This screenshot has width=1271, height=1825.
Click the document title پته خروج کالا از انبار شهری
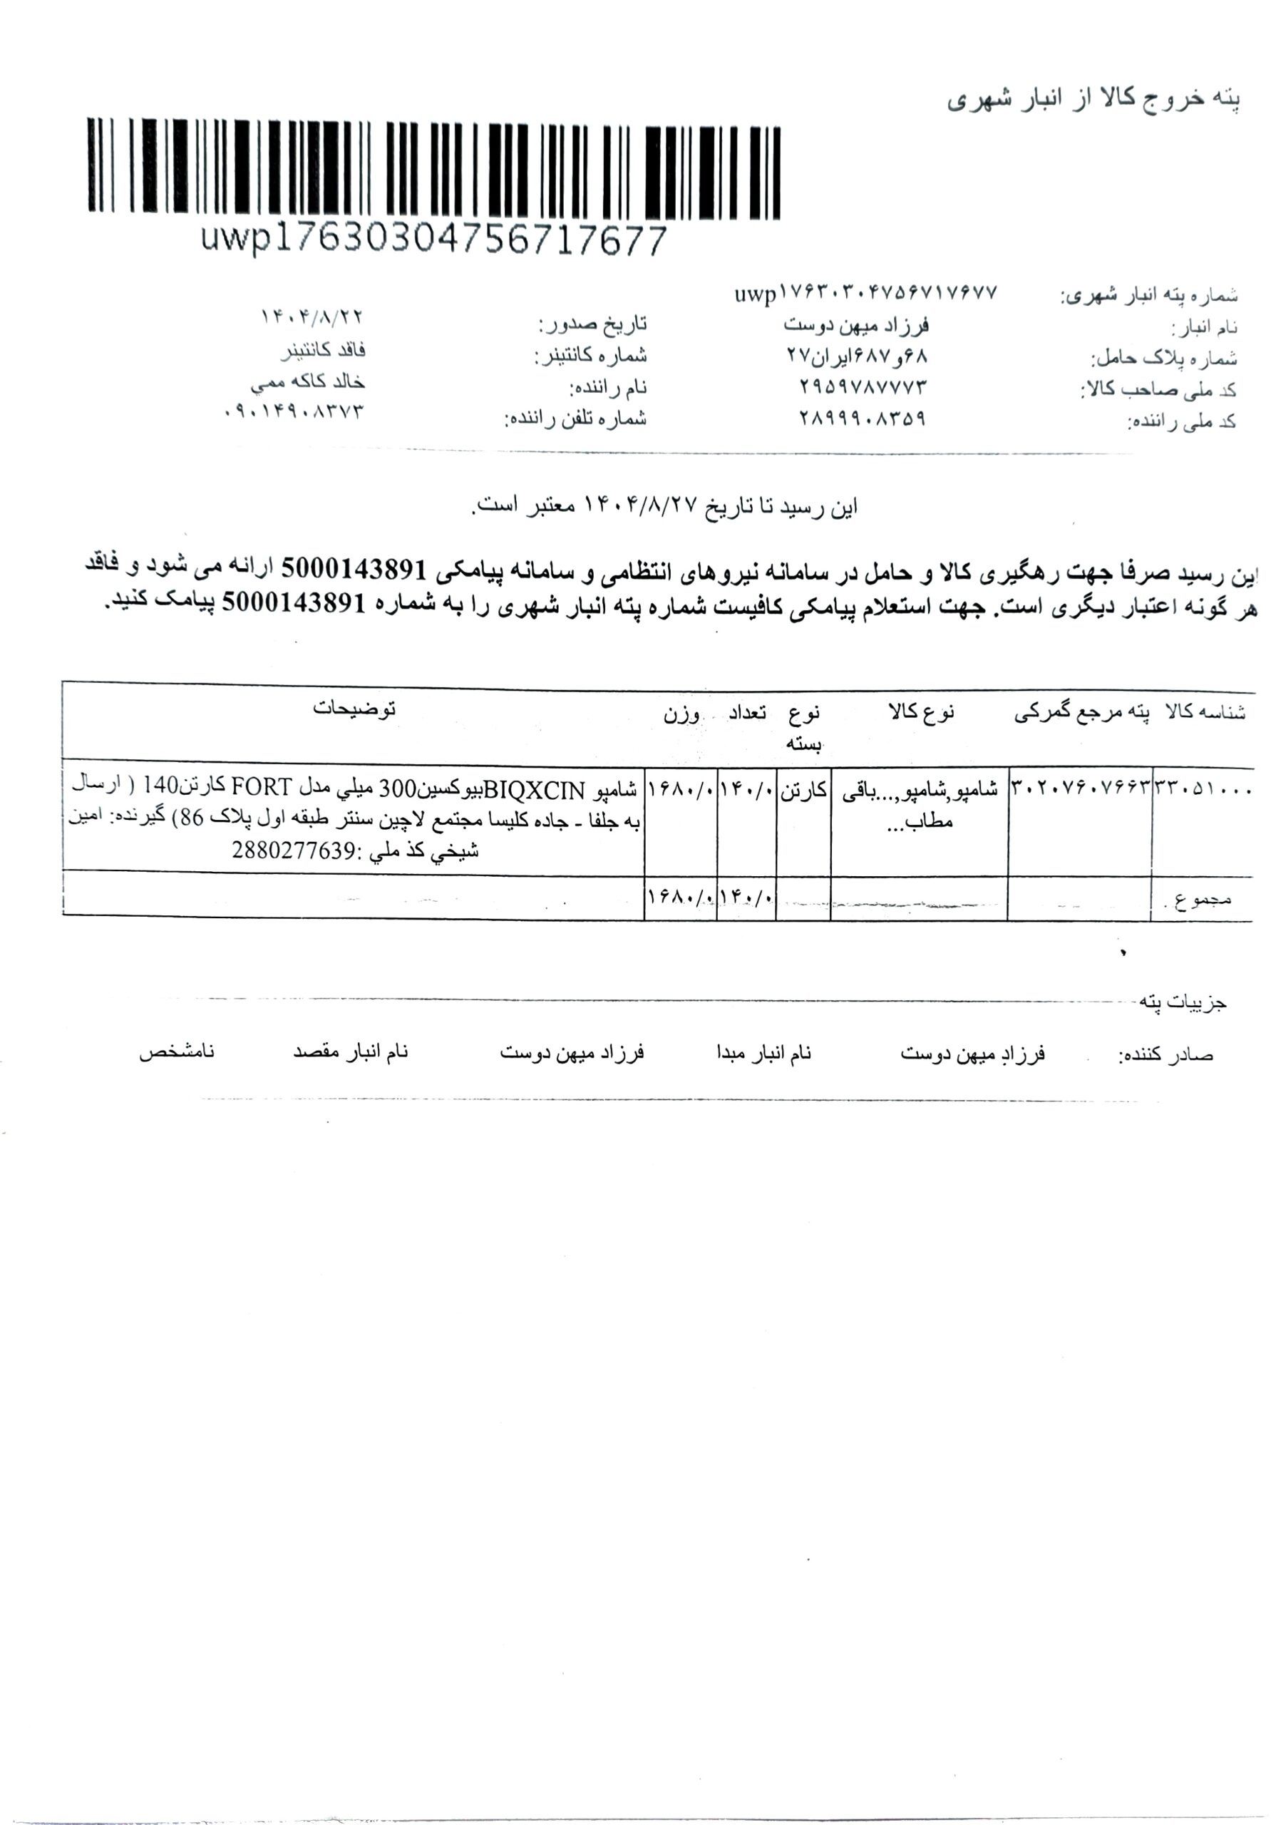(1093, 100)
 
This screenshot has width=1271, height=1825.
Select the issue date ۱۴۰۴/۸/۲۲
(312, 317)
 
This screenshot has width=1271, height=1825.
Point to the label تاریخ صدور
(592, 324)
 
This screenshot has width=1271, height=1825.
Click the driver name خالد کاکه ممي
(308, 382)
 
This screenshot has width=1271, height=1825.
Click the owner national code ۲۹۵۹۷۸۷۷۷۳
(863, 387)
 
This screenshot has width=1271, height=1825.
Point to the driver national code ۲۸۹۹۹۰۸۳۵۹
(863, 418)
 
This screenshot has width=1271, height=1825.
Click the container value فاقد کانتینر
(324, 350)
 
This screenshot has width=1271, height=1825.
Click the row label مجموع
(1202, 899)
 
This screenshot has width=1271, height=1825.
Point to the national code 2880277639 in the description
(292, 851)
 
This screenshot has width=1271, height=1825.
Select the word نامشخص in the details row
(177, 1052)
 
